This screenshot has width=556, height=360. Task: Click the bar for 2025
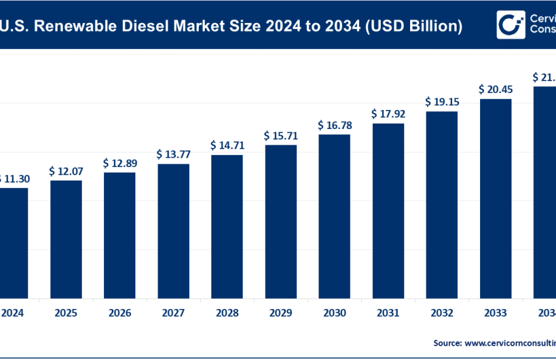coord(66,238)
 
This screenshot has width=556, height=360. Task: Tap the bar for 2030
coord(334,215)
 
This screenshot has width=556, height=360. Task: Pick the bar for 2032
coord(442,204)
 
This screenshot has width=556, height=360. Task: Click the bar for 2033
coord(495,197)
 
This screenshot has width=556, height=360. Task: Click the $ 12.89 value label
coord(120,163)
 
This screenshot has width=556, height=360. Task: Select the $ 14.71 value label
coord(227,145)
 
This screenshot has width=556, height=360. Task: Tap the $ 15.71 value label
coord(281,135)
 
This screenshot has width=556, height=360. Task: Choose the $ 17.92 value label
coord(388,114)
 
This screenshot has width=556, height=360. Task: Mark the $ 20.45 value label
coord(495,89)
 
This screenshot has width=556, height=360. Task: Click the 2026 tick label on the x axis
coord(120,313)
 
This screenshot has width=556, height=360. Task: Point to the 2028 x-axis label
coord(227,313)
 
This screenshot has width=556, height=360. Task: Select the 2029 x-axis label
coord(281,313)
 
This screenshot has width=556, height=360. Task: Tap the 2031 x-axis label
coord(388,313)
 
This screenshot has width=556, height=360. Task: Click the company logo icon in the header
coord(510,24)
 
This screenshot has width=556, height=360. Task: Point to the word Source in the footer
coord(446,342)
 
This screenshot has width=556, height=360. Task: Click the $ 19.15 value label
coord(442,102)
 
